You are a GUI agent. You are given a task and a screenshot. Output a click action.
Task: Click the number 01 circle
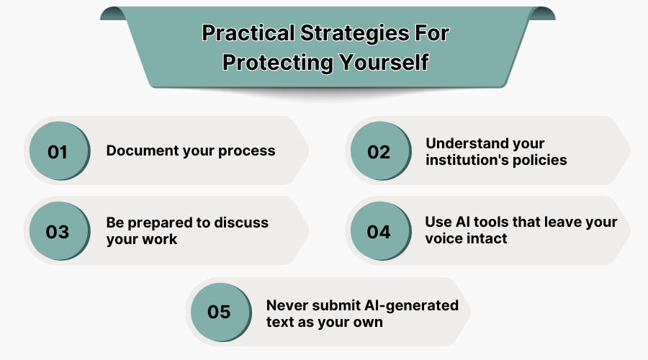58,152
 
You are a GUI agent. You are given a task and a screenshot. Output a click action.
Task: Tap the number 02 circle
379,152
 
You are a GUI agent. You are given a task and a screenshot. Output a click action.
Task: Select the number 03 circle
58,232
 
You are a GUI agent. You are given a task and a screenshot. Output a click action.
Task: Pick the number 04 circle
379,232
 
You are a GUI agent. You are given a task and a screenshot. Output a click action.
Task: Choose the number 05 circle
219,312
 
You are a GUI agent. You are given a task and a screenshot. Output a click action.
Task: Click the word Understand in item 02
465,143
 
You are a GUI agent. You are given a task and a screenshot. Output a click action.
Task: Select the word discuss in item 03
242,222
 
